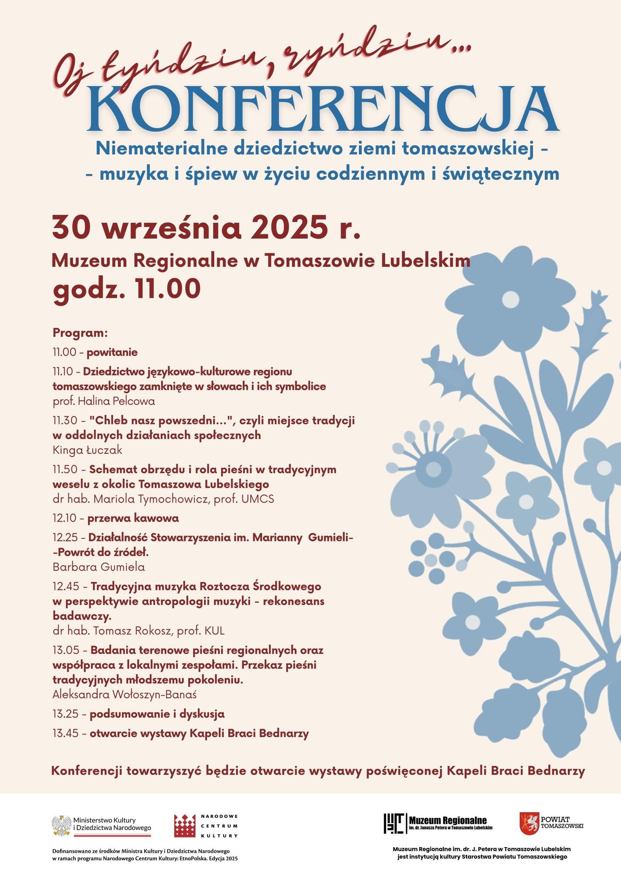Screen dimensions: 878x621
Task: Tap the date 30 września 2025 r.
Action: [x=206, y=228]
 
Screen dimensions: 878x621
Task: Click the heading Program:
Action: [x=80, y=333]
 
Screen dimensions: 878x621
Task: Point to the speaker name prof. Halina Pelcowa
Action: [x=104, y=401]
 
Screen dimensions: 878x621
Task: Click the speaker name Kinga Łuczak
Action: [x=87, y=450]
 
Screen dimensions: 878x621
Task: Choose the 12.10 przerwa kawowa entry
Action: [x=116, y=518]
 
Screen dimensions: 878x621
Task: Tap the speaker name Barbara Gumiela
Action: [x=99, y=567]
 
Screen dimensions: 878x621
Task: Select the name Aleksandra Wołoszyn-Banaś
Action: [x=125, y=694]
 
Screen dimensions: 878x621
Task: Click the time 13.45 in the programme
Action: [x=66, y=733]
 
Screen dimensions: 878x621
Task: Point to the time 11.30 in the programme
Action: [x=65, y=421]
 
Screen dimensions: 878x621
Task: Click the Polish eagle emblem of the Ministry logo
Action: [x=62, y=826]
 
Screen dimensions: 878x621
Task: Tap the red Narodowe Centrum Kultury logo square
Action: [x=185, y=826]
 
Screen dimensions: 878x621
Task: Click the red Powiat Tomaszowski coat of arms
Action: [x=529, y=823]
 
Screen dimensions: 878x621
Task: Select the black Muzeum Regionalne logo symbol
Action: [x=395, y=823]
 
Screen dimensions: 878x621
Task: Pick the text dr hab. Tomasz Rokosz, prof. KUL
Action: [x=138, y=631]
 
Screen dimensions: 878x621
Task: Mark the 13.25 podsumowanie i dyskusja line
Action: [x=138, y=714]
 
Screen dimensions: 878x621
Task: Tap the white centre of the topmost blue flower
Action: [x=510, y=300]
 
